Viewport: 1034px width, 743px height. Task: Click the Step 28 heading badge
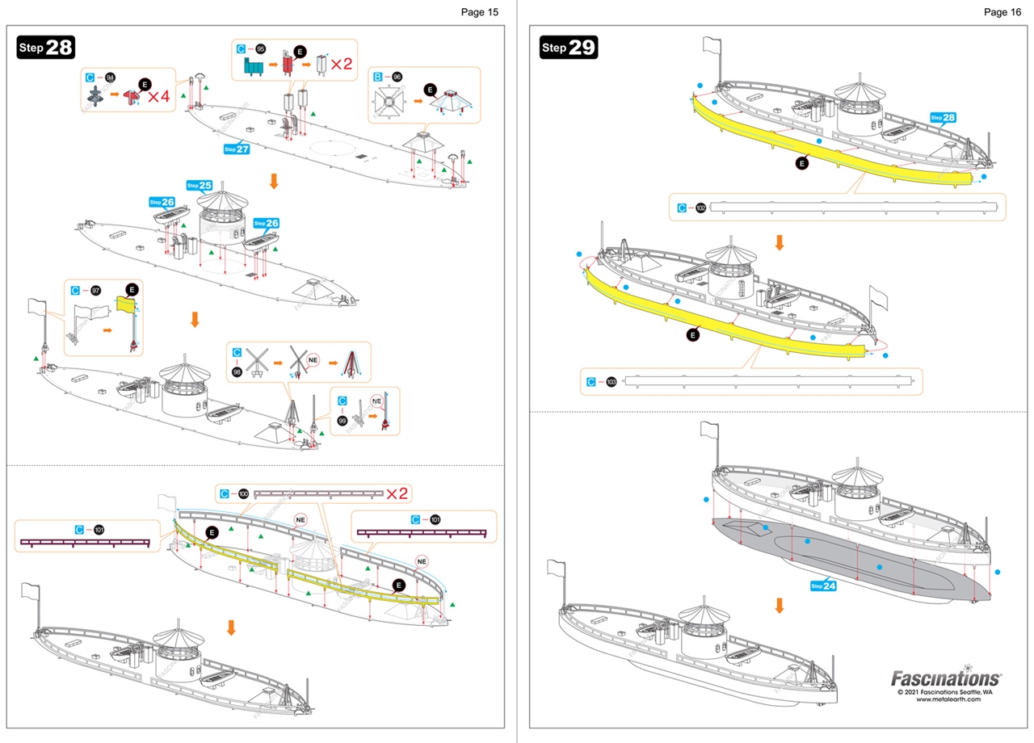(46, 47)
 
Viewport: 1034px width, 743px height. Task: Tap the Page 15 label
(480, 11)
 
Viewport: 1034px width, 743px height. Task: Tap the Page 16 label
(1002, 11)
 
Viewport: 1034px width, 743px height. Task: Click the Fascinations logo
(945, 678)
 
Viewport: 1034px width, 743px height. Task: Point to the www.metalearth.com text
(948, 699)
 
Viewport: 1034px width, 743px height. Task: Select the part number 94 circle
(110, 77)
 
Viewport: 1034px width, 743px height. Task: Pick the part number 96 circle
(397, 77)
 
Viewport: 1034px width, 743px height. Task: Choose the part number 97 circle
(96, 290)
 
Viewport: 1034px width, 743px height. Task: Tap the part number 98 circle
(237, 372)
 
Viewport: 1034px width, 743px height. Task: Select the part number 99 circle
(343, 422)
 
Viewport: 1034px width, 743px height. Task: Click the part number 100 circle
(243, 493)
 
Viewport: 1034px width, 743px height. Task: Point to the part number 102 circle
(700, 208)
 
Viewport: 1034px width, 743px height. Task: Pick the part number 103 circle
(611, 382)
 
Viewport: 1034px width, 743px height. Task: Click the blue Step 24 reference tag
(822, 586)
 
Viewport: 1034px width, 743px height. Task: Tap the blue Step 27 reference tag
(237, 149)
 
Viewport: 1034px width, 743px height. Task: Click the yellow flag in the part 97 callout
(125, 304)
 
